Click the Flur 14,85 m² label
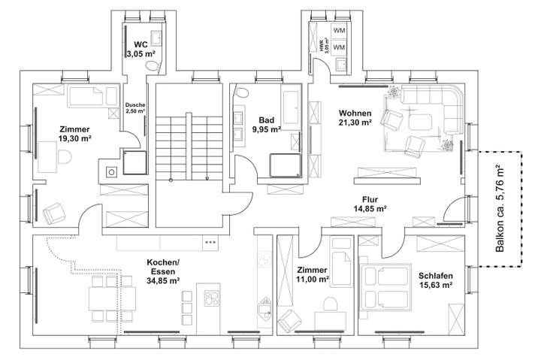[370, 204]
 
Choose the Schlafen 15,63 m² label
[436, 280]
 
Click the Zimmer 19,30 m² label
[75, 133]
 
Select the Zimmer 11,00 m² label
[312, 274]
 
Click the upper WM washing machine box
[339, 31]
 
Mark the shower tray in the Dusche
[136, 161]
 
